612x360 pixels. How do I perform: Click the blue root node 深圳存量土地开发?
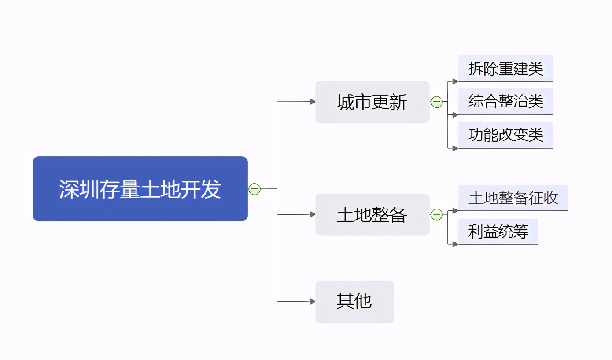pyautogui.click(x=140, y=188)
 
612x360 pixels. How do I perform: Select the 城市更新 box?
pyautogui.click(x=372, y=102)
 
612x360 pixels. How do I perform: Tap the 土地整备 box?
pyautogui.click(x=372, y=215)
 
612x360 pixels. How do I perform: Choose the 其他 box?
pyautogui.click(x=354, y=301)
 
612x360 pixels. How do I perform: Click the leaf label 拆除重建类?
pyautogui.click(x=505, y=69)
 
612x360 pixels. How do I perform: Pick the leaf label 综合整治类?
pyautogui.click(x=505, y=102)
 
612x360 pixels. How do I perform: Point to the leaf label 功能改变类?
pyautogui.click(x=505, y=135)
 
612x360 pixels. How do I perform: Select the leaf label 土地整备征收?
pyautogui.click(x=513, y=198)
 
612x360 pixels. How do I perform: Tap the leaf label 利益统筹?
pyautogui.click(x=498, y=231)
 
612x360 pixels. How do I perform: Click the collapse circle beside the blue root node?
pyautogui.click(x=254, y=189)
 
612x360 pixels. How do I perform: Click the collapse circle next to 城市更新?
pyautogui.click(x=436, y=102)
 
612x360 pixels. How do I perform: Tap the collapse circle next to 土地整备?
pyautogui.click(x=436, y=215)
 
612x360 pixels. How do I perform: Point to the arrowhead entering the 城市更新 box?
pyautogui.click(x=313, y=102)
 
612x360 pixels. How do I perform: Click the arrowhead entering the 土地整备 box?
pyautogui.click(x=313, y=214)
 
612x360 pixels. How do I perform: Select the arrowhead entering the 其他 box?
pyautogui.click(x=313, y=301)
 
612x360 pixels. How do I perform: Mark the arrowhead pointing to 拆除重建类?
pyautogui.click(x=455, y=81)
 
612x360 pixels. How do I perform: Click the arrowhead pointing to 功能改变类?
pyautogui.click(x=455, y=148)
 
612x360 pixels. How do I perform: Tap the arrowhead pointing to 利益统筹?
pyautogui.click(x=455, y=244)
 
